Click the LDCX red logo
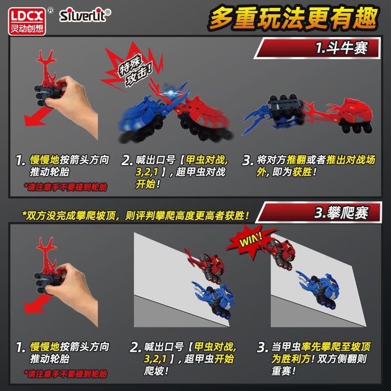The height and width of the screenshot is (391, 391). pos(27,22)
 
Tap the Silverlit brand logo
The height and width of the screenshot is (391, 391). pos(85,15)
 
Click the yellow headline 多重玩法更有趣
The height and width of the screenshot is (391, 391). pos(293,18)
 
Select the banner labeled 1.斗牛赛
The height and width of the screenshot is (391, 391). pos(317,48)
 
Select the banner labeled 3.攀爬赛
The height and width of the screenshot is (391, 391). pos(319,213)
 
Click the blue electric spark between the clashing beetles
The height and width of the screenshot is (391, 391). pos(170,93)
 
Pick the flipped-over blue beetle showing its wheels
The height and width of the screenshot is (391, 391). pos(274,113)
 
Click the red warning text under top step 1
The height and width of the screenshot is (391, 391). pos(65,187)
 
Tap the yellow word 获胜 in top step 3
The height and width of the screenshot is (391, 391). pos(302,172)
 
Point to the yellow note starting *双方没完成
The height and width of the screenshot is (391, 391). pos(136,216)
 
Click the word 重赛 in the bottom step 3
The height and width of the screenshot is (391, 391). pos(281,371)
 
